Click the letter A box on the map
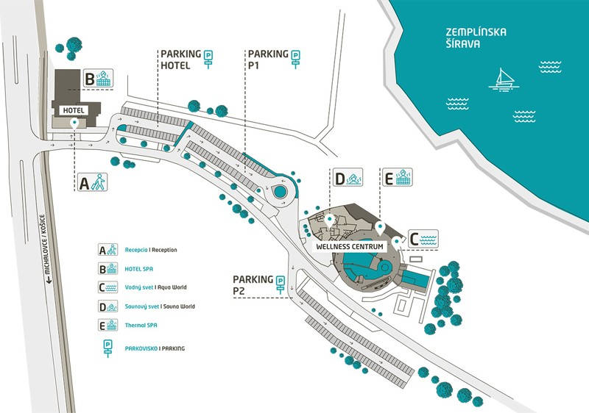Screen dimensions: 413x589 click(x=85, y=183)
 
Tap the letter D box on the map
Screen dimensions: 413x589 click(x=339, y=179)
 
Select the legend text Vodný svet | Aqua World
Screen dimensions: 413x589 click(x=155, y=287)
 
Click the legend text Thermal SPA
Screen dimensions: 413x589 click(x=140, y=325)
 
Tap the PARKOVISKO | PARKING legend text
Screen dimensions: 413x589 click(x=155, y=347)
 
